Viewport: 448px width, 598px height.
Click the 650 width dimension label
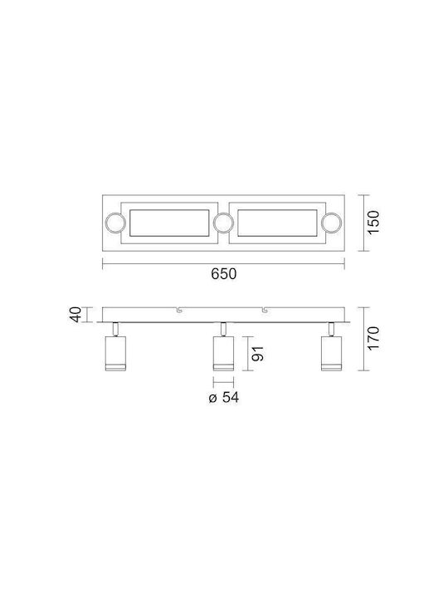224,274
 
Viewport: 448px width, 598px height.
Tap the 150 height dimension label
373,222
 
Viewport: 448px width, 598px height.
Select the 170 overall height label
373,338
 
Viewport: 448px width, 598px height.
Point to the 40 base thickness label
76,315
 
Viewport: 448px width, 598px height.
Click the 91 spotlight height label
258,354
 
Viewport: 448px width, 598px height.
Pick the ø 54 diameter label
224,397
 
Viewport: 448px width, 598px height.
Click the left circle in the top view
115,223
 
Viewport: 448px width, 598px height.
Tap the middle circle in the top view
223,223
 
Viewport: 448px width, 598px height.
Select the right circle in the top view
331,223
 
